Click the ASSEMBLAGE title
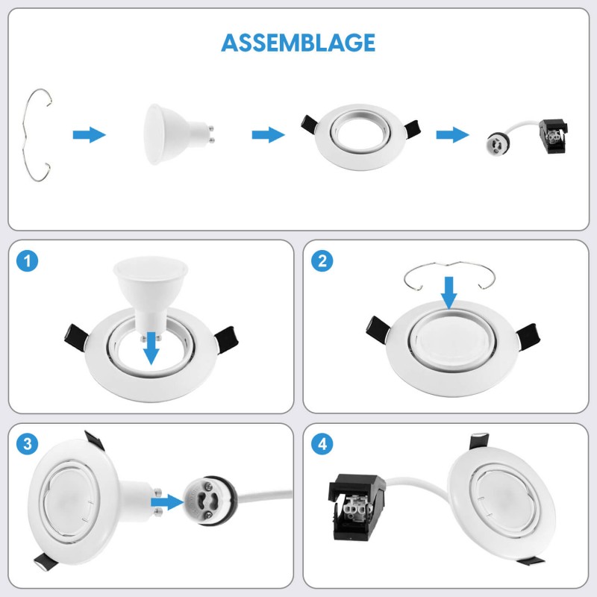pos(298,43)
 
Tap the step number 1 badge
pos(28,261)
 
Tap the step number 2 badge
pos(322,261)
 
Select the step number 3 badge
pos(28,444)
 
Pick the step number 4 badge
pos(322,444)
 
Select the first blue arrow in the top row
pos(89,135)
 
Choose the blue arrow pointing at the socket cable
pos(452,135)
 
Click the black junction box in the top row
pos(553,136)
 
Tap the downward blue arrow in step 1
pos(151,348)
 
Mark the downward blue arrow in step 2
pos(449,293)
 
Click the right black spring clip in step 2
pos(528,337)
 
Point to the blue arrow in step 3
pos(167,502)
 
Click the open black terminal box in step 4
pos(357,507)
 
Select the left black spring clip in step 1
pos(77,338)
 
